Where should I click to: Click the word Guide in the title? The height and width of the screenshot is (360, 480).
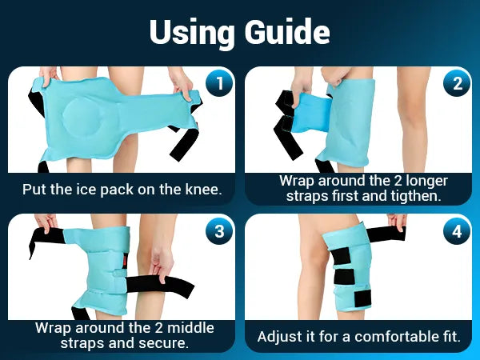287,32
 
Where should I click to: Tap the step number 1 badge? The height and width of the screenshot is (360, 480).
219,83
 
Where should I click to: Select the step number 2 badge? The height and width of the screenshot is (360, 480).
457,83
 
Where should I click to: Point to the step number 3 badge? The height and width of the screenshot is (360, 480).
219,231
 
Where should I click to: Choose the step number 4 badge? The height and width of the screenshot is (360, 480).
457,231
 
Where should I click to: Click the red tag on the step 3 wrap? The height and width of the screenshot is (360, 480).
125,260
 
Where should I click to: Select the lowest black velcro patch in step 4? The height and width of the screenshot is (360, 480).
362,297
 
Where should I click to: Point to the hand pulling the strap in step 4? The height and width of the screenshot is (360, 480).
397,223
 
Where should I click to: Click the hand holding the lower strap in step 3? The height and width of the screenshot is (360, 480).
162,263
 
